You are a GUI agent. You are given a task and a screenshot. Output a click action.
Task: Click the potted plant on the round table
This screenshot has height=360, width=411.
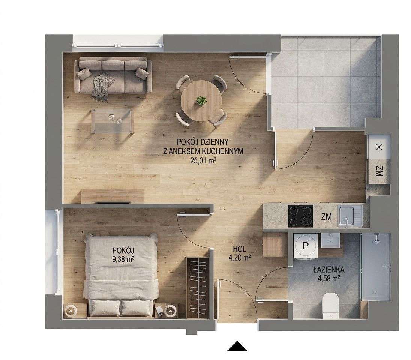coord(201,100)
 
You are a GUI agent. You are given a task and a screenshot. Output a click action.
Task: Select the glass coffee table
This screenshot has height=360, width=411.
coord(112,121)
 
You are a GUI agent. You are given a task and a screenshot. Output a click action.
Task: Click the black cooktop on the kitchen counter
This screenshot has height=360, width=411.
coord(300,216)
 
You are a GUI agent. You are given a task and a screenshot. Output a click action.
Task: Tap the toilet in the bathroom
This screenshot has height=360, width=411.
coord(331,305)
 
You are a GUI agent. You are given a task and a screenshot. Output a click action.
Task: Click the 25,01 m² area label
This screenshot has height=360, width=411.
coord(203,160)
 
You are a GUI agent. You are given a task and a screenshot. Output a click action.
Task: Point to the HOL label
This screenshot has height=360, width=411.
coord(239,249)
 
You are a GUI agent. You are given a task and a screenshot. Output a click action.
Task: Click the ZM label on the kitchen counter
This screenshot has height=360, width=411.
coord(326,217)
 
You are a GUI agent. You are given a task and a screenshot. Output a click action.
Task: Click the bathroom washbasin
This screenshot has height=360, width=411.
coord(331,240)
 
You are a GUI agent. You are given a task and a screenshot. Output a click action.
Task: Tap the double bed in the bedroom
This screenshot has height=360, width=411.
coord(121,276)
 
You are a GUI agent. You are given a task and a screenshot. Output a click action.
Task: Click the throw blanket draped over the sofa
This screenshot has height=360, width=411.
coord(101,87)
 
